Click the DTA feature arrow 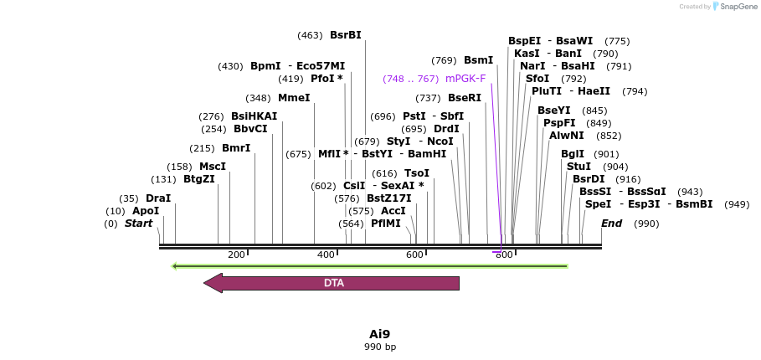pyautogui.click(x=332, y=283)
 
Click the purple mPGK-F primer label pyautogui.click(x=465, y=79)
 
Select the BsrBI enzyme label pyautogui.click(x=346, y=35)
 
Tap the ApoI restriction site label pyautogui.click(x=146, y=211)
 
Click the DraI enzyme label pyautogui.click(x=158, y=198)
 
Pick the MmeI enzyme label pyautogui.click(x=294, y=98)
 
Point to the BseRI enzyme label pyautogui.click(x=465, y=98)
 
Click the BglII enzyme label pyautogui.click(x=573, y=154)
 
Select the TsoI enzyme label pyautogui.click(x=417, y=173)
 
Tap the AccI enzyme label pyautogui.click(x=393, y=211)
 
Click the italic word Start pyautogui.click(x=139, y=224)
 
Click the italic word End pyautogui.click(x=612, y=224)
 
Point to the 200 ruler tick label pyautogui.click(x=236, y=255)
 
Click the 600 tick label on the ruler pyautogui.click(x=414, y=255)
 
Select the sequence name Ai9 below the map pyautogui.click(x=380, y=333)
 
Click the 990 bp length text pyautogui.click(x=380, y=347)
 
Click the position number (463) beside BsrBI pyautogui.click(x=310, y=35)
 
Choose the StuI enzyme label pyautogui.click(x=578, y=167)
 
